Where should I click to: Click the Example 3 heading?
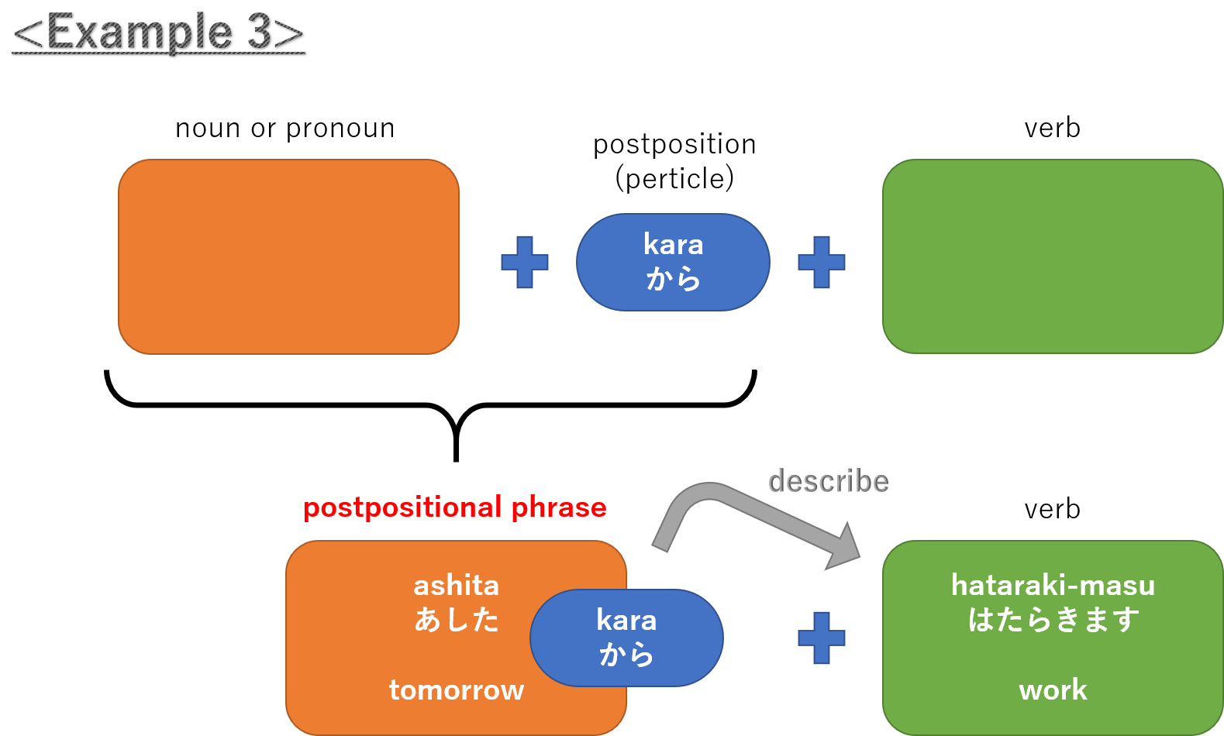[158, 33]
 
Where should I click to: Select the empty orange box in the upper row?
[288, 256]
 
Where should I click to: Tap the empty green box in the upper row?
[1053, 256]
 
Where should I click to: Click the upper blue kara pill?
[673, 262]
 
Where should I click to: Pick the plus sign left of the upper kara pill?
[525, 263]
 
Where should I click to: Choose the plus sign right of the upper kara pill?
[822, 263]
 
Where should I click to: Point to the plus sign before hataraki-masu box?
[822, 638]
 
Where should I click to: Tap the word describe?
[828, 482]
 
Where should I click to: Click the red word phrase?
[559, 507]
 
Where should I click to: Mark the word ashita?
[456, 585]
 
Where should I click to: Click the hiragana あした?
[456, 620]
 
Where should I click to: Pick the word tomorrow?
[456, 690]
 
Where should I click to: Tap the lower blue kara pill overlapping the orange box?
[626, 638]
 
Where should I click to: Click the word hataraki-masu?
[1053, 585]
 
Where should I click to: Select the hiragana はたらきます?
[1053, 620]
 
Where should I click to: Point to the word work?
[1053, 690]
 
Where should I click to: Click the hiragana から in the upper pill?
[673, 279]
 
